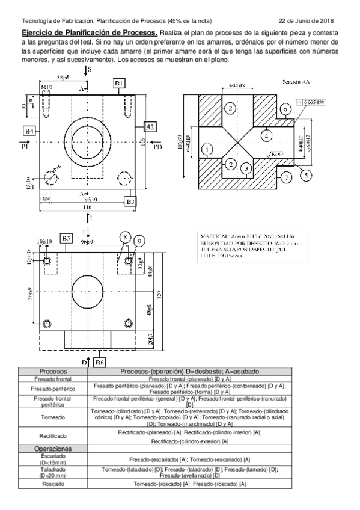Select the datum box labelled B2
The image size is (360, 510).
pyautogui.click(x=151, y=126)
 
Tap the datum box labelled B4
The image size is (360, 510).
pyautogui.click(x=28, y=131)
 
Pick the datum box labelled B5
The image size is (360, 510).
pyautogui.click(x=67, y=239)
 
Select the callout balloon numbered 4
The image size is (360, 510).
pyautogui.click(x=265, y=137)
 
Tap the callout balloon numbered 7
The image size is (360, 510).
pyautogui.click(x=287, y=177)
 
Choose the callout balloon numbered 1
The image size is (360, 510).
pyautogui.click(x=207, y=149)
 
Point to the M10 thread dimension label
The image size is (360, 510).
pyautogui.click(x=46, y=88)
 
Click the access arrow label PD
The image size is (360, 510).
pyautogui.click(x=157, y=146)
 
